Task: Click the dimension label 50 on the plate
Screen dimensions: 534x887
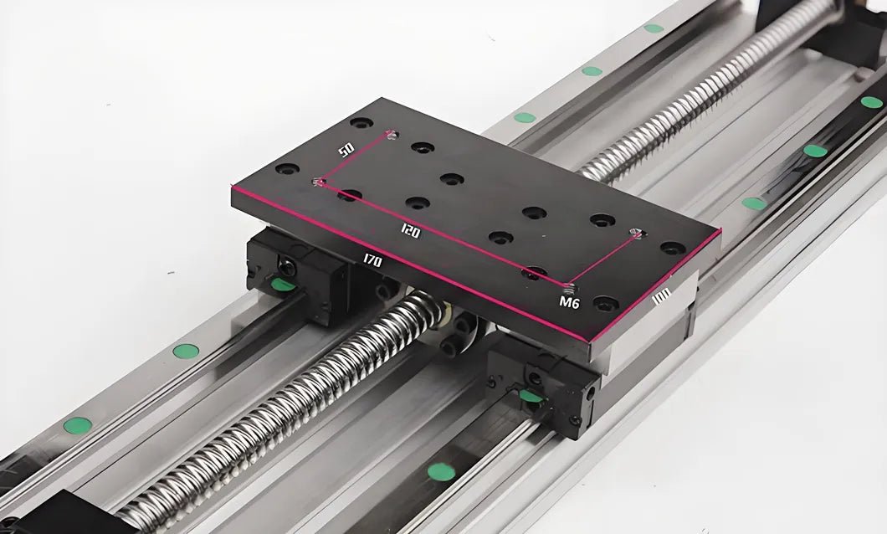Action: click(x=346, y=150)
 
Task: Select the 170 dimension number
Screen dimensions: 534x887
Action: click(x=372, y=261)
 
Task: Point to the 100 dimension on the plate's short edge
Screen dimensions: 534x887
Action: click(x=662, y=298)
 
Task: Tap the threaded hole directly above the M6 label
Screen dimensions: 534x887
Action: click(x=572, y=285)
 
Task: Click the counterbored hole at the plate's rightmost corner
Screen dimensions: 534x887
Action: click(x=672, y=248)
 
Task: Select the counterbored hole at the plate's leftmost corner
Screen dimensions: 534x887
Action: click(x=287, y=169)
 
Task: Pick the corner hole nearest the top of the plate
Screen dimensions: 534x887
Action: click(x=361, y=123)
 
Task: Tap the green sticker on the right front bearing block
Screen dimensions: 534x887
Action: click(x=531, y=396)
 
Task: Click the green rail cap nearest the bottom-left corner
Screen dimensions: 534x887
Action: click(x=78, y=425)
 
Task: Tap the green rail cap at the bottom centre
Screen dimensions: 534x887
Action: click(x=441, y=472)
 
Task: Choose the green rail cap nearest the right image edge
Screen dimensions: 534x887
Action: click(x=871, y=102)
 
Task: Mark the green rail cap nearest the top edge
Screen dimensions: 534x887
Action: click(x=654, y=28)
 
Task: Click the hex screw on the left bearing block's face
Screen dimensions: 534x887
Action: click(x=286, y=268)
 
